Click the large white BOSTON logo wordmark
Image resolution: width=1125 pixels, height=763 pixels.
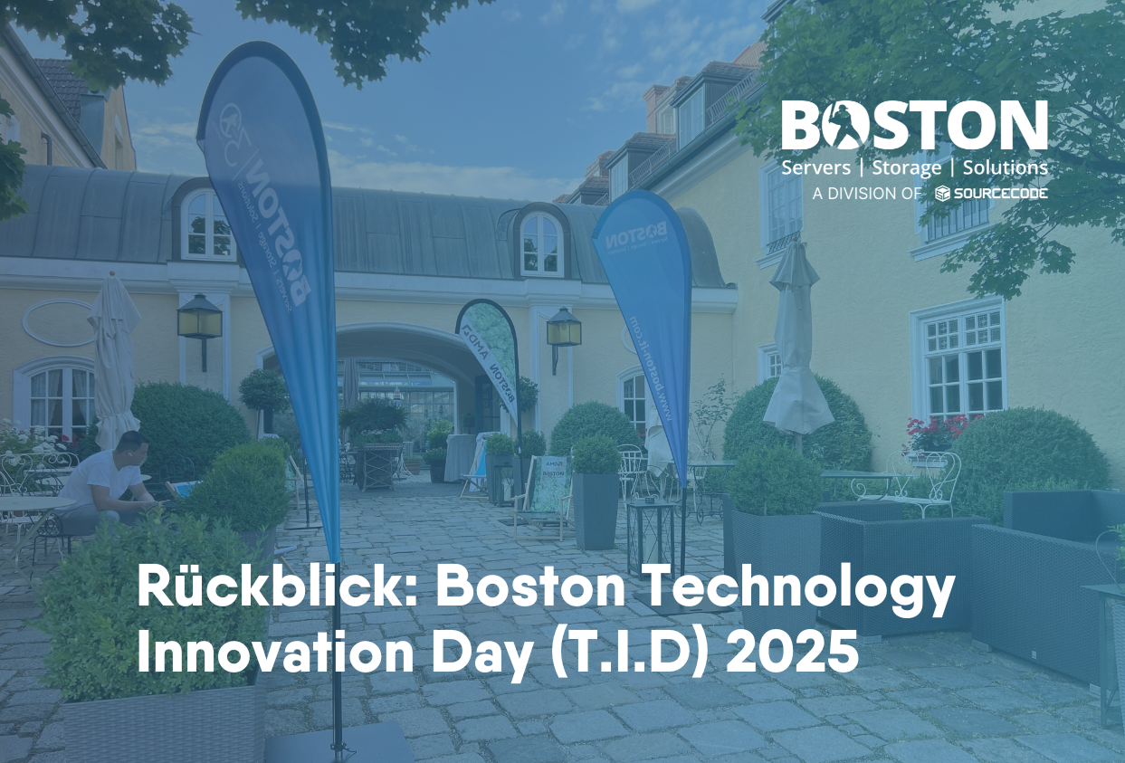click(914, 126)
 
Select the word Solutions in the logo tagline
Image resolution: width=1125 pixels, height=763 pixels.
click(1005, 168)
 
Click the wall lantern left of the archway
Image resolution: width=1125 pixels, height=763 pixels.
click(199, 320)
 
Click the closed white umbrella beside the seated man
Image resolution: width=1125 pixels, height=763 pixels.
click(114, 362)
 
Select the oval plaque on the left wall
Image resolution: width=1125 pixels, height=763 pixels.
click(59, 323)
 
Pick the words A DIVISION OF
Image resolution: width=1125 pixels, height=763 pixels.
click(866, 193)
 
